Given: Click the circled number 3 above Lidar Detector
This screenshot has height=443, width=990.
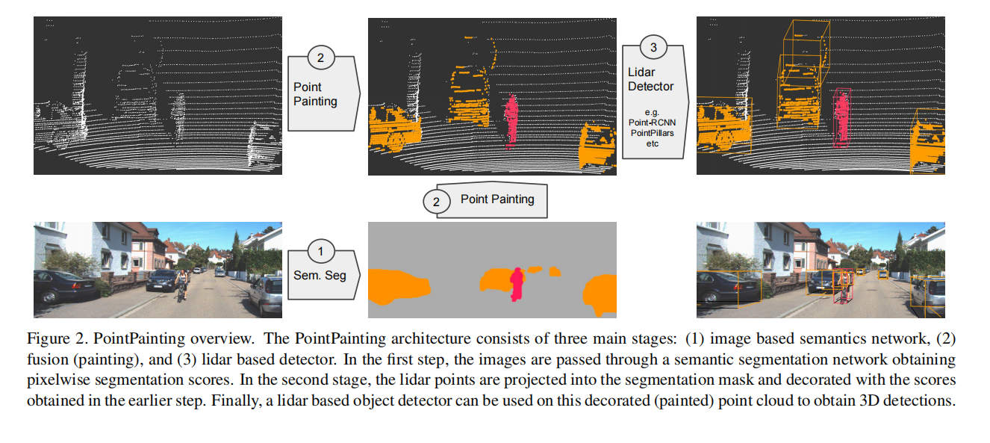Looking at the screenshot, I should click(653, 48).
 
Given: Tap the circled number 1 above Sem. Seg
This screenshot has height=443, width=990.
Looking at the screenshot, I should click(321, 252).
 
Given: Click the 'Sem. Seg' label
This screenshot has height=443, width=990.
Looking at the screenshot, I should click(320, 275).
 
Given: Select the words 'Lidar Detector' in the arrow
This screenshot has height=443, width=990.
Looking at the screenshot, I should click(650, 78).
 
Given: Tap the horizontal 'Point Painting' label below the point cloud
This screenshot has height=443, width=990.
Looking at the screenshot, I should click(497, 199).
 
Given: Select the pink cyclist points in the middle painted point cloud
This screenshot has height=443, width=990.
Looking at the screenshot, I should click(511, 120).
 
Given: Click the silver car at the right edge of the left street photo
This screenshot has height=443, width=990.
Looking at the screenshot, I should click(266, 294).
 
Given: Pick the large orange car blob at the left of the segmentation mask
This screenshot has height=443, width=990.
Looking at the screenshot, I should click(399, 285).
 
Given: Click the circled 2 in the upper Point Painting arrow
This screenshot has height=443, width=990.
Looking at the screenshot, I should click(321, 58).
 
